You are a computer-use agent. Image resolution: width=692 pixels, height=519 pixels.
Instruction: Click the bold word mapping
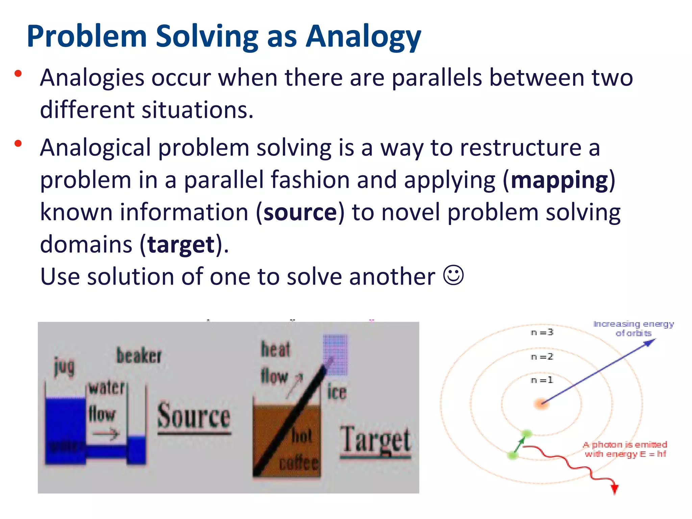tap(559, 180)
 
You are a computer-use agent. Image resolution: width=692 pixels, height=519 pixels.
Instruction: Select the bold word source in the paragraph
tap(300, 213)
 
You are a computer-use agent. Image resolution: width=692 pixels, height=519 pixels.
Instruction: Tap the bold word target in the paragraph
tap(181, 245)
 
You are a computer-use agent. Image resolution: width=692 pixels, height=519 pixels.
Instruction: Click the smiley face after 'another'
tap(453, 275)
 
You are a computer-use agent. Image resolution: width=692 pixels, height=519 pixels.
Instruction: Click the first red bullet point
tap(18, 74)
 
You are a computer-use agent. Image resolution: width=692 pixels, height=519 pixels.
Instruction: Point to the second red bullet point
tap(18, 144)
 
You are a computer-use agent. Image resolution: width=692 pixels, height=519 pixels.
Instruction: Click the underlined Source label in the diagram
tap(194, 417)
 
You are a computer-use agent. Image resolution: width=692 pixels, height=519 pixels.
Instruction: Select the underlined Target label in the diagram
tap(375, 440)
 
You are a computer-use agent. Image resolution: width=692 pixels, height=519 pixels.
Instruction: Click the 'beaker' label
tap(139, 356)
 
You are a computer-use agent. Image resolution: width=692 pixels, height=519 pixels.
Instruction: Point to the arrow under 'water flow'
tap(106, 434)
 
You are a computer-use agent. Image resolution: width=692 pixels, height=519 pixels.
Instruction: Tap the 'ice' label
tap(337, 392)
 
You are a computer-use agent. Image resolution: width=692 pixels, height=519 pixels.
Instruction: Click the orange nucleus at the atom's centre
tap(541, 403)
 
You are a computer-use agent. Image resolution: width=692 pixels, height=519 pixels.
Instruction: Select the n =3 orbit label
tap(542, 332)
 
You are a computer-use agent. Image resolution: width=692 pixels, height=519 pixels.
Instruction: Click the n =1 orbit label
tap(542, 380)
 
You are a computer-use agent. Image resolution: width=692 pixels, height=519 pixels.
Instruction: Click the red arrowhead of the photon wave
tap(615, 489)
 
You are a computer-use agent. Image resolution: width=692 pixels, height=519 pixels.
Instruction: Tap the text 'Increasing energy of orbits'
tap(633, 328)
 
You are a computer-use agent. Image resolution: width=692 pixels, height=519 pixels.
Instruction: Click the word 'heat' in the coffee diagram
tap(275, 349)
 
